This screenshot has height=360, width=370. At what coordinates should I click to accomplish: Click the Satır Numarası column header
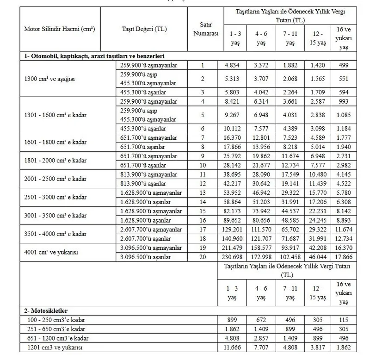click(x=203, y=29)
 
